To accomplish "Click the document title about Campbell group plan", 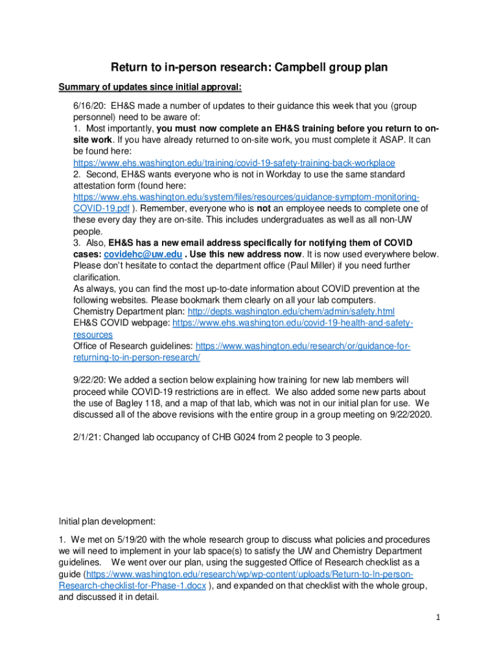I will [x=249, y=67].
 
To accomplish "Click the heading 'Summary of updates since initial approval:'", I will [x=151, y=88].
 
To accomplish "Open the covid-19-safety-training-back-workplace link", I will [x=234, y=163].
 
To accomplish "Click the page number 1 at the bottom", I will [x=438, y=617].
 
